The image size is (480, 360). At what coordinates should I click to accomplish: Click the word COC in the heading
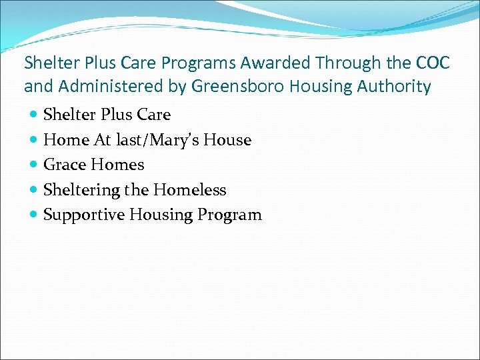[x=432, y=63]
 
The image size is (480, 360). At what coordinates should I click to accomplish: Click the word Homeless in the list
[x=189, y=190]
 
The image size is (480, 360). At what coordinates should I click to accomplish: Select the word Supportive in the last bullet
[x=83, y=215]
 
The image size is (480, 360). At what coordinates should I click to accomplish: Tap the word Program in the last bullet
[x=229, y=215]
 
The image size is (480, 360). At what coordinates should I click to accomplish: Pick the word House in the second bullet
[x=230, y=140]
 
